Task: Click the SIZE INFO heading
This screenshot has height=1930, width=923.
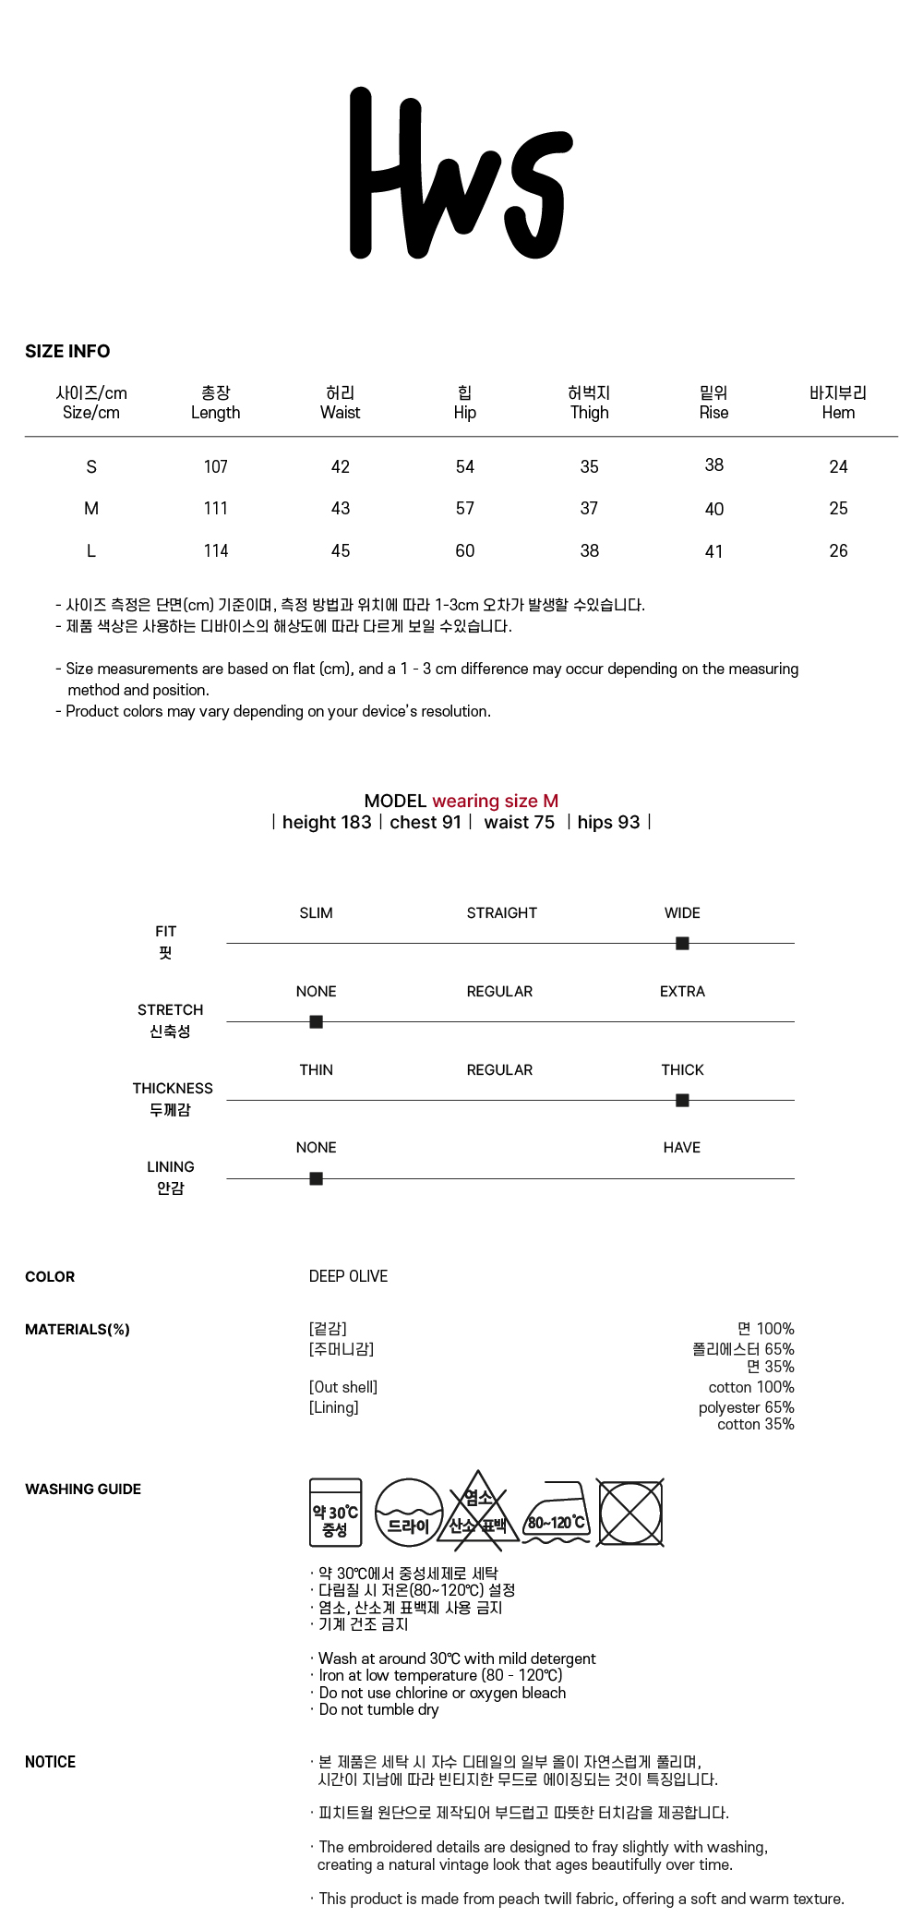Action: click(67, 351)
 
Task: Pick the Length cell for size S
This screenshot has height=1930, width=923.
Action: click(215, 466)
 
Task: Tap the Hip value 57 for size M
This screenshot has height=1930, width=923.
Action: click(464, 508)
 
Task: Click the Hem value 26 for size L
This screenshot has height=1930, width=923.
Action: click(838, 550)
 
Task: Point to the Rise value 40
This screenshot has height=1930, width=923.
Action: click(713, 509)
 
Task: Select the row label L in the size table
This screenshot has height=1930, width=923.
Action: click(90, 550)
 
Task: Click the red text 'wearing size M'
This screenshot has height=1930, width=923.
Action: click(495, 801)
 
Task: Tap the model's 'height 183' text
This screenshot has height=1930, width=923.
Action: click(327, 822)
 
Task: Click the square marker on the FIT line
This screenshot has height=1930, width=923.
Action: click(682, 943)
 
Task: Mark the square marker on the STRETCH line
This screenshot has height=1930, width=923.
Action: click(316, 1021)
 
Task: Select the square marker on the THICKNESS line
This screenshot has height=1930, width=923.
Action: click(682, 1100)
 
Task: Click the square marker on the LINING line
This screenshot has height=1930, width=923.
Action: click(316, 1178)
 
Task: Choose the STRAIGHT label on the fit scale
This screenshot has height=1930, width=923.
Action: click(501, 912)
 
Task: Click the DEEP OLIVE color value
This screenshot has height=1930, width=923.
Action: click(348, 1276)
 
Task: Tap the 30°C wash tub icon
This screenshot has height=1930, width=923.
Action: click(335, 1513)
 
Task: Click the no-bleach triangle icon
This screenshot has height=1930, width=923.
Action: click(477, 1513)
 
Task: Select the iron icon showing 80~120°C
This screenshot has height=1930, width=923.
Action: click(557, 1513)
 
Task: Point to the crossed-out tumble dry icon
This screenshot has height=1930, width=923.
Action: click(630, 1513)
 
